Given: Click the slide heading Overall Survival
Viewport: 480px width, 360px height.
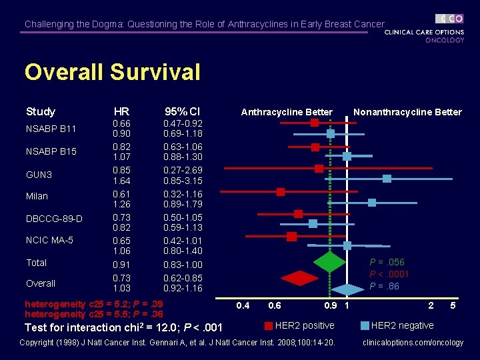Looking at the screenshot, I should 112,72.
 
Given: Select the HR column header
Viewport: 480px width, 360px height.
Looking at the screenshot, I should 121,111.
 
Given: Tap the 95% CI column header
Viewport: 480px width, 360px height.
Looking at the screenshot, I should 183,111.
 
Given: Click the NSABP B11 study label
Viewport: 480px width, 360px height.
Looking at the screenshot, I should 51,129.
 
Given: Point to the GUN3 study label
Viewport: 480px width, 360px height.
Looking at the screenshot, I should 39,175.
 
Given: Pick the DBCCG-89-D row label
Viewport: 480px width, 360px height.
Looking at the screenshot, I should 54,219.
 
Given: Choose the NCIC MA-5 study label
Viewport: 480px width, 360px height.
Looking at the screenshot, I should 49,240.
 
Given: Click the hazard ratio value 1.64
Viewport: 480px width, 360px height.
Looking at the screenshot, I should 121,181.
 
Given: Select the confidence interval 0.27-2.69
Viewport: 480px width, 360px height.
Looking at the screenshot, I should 183,170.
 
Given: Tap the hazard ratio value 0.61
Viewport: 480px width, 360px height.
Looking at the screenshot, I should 121,193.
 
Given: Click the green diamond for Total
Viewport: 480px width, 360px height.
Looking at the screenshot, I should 329,261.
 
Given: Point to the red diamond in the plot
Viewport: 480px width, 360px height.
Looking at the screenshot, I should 299,277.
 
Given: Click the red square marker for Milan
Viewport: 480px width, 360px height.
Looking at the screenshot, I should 281,192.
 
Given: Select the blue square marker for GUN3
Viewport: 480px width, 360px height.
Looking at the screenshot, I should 387,179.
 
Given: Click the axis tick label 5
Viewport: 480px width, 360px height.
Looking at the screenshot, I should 453,306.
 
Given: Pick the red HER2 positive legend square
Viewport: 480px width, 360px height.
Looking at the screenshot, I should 268,326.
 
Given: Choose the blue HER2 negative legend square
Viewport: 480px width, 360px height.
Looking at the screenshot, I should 364,326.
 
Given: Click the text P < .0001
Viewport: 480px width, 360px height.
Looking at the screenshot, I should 390,274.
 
